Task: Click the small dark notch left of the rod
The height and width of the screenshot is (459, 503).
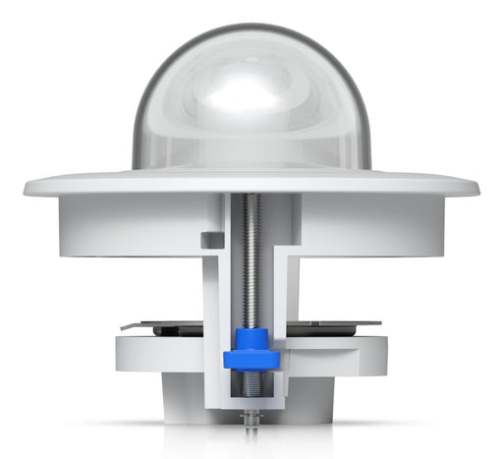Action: click(x=207, y=240)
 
